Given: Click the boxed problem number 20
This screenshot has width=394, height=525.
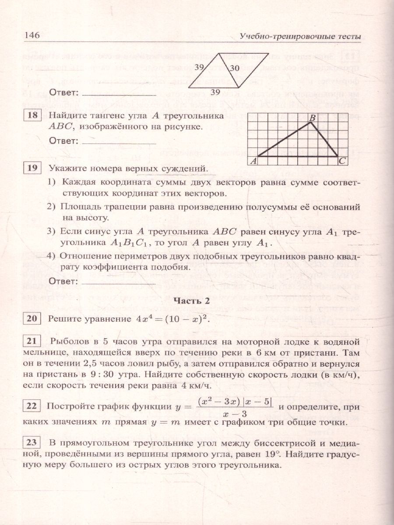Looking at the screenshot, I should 31,318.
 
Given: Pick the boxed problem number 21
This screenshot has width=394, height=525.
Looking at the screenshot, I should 31,341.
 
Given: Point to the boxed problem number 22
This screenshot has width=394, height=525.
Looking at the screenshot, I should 31,406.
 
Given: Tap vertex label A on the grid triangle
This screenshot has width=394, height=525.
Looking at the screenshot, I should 253,161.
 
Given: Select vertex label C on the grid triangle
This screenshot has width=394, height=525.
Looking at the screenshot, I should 342,161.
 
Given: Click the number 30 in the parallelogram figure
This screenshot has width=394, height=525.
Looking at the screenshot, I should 235,68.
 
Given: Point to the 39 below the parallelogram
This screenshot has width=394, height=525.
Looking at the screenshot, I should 215,91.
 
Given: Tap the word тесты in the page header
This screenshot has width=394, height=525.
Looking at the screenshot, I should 349,37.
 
